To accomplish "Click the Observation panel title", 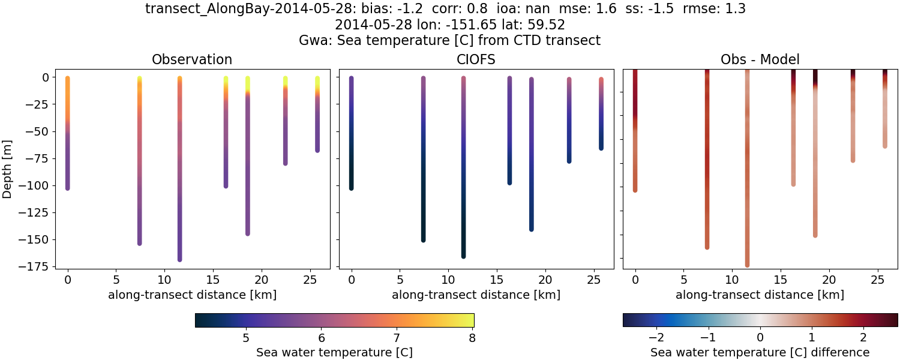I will pos(192,59).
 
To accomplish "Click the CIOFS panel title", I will pos(476,59).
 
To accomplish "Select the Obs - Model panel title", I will pos(760,59).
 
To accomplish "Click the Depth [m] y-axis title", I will pos(8,167).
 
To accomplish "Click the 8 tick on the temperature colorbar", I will pos(472,337).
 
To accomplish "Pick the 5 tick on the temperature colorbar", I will pos(246,337).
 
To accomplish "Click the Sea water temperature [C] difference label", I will pos(760,352).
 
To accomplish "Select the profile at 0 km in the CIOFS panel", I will pos(352,132).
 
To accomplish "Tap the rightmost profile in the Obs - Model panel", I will pos(885,108).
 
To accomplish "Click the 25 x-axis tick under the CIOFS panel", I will pos(593,280).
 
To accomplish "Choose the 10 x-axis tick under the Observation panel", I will pos(164,280).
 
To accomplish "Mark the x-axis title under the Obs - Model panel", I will pos(760,295).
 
